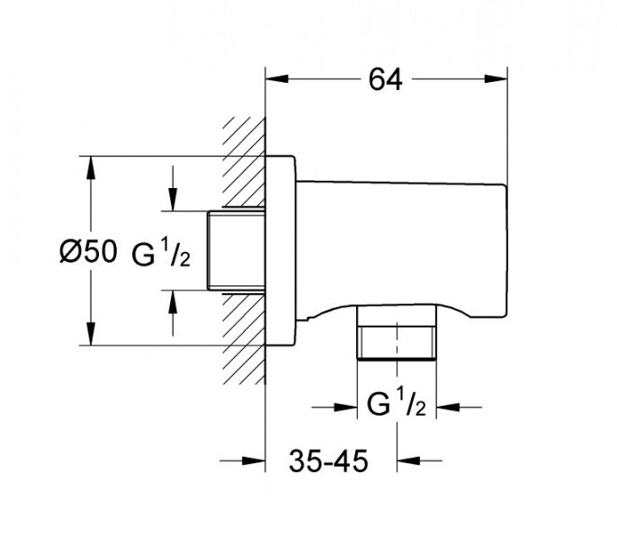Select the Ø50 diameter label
[87, 252]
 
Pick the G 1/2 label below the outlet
[397, 407]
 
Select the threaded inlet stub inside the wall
[236, 251]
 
